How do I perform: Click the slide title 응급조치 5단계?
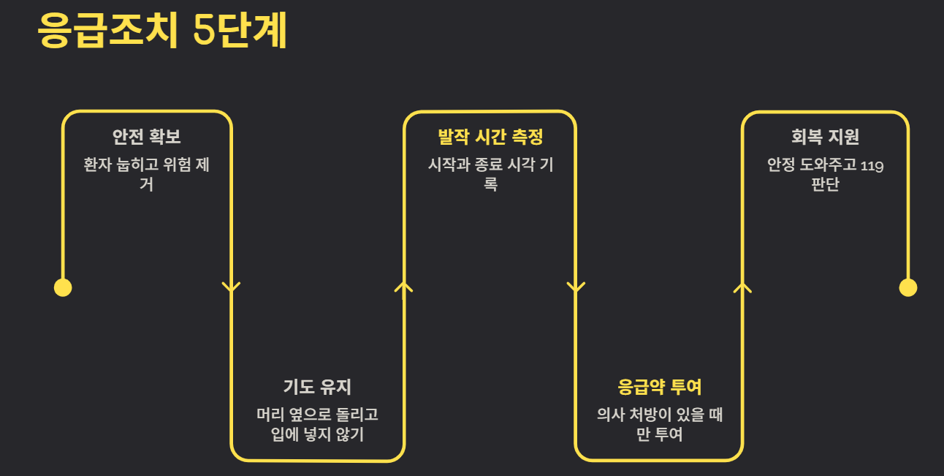(162, 31)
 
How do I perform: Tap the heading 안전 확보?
(146, 137)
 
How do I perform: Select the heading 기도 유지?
(317, 387)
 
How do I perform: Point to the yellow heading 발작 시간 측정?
(490, 137)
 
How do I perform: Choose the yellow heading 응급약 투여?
(660, 387)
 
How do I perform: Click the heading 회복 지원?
(825, 137)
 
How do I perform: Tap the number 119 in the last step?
(872, 165)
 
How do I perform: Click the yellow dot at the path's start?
(63, 287)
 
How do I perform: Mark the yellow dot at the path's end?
(907, 287)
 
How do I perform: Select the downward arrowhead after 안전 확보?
(232, 287)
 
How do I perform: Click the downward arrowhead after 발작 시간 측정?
(576, 287)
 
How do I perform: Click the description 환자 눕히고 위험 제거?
(146, 174)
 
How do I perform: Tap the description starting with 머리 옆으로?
(317, 425)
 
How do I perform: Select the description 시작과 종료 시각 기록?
(490, 174)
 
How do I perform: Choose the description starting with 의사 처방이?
(660, 425)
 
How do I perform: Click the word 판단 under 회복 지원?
(825, 184)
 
